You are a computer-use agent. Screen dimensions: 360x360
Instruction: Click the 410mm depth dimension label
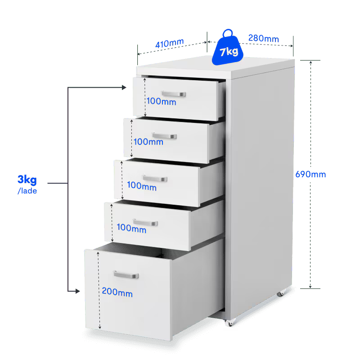tap(170, 43)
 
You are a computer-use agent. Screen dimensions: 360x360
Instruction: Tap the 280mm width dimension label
tap(264, 38)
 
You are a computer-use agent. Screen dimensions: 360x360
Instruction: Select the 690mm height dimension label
tap(310, 174)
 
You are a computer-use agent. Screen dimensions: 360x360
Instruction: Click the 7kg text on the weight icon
tap(229, 51)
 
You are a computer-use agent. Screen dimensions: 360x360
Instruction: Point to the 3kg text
tap(27, 180)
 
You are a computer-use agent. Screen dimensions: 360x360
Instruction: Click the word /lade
tap(27, 191)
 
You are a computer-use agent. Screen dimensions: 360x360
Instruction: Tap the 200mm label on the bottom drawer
tap(117, 292)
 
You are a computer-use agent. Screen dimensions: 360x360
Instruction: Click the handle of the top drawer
tap(174, 94)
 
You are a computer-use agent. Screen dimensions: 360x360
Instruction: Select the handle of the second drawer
tap(164, 136)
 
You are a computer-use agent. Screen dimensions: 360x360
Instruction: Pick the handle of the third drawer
tap(155, 178)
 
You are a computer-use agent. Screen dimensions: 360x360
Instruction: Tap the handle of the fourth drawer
tap(145, 222)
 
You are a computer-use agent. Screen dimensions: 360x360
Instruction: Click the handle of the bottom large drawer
tap(126, 274)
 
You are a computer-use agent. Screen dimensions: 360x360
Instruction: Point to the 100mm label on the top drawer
tap(162, 101)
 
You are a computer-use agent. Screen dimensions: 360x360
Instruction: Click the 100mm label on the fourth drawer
tap(131, 228)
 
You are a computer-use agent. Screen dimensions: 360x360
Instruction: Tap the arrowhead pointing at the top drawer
tap(124, 87)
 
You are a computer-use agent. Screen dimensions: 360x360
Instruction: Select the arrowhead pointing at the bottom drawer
tap(77, 291)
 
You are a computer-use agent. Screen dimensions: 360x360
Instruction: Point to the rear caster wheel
tap(281, 293)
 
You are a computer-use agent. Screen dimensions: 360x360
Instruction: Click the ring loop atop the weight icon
tap(228, 33)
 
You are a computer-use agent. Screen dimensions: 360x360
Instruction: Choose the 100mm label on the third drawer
tap(142, 186)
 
